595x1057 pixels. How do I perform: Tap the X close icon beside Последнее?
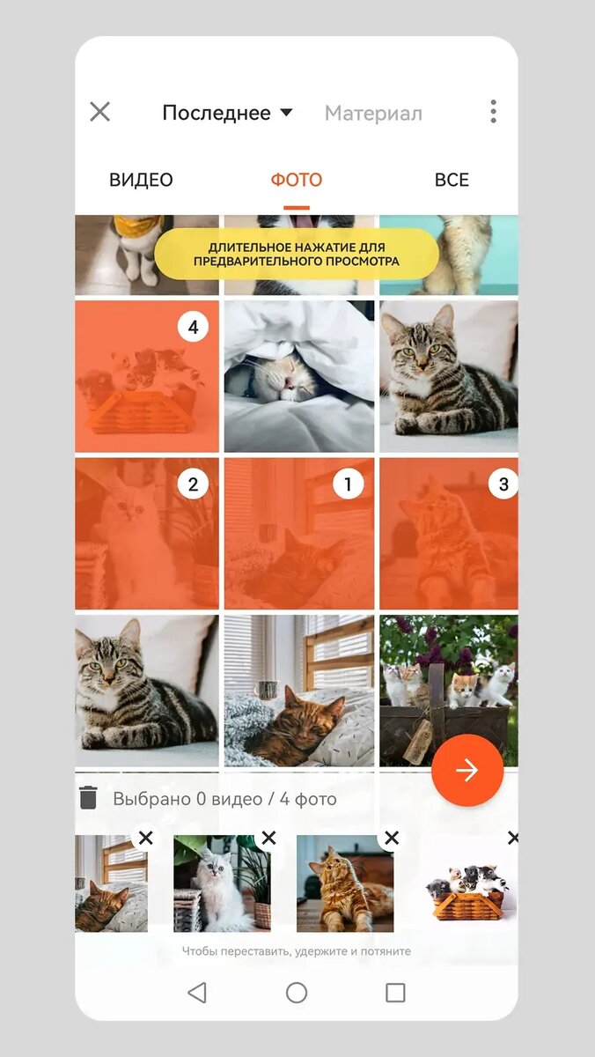pos(100,112)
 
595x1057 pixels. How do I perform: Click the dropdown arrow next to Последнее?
pos(286,113)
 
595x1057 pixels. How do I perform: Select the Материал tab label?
pos(373,114)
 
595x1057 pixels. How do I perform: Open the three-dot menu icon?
pos(493,111)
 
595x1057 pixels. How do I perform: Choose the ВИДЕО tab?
pos(141,180)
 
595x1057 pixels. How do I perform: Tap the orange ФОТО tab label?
pos(297,180)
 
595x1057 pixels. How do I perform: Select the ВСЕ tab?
pos(452,180)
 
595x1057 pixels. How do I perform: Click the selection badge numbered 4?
pos(194,327)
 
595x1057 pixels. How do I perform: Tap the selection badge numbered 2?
pos(194,484)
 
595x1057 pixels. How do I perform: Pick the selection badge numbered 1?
pos(349,484)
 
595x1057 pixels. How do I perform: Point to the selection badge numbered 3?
pos(503,484)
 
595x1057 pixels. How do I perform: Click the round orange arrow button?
pos(467,771)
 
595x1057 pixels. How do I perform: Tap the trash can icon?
pos(88,797)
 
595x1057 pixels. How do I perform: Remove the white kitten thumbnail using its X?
pos(268,838)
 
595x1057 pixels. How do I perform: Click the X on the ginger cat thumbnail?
pos(392,838)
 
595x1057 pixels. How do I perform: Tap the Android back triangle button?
pos(197,993)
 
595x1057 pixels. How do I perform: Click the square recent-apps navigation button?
pos(395,993)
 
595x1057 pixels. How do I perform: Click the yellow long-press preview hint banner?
pos(297,255)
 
